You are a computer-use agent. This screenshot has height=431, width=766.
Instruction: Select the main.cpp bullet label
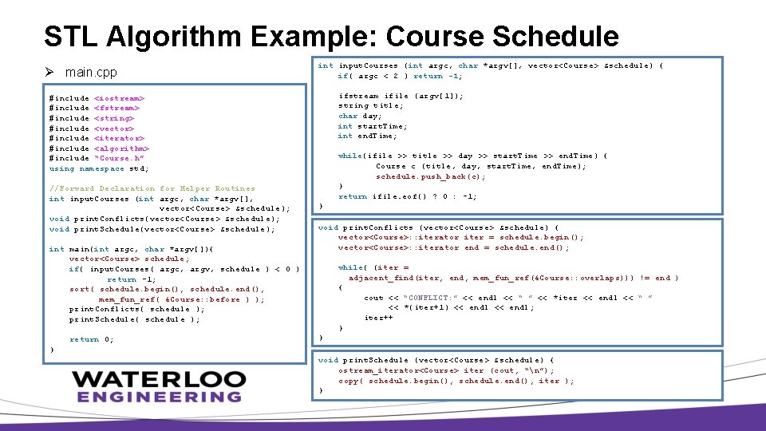pyautogui.click(x=91, y=73)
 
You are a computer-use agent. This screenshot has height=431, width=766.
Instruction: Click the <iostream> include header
pyautogui.click(x=119, y=97)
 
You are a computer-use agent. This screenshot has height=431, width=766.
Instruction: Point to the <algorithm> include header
pyautogui.click(x=121, y=148)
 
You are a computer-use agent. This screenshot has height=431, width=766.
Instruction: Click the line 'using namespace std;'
pyautogui.click(x=99, y=168)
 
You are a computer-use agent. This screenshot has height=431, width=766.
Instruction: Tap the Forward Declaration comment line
pyautogui.click(x=152, y=189)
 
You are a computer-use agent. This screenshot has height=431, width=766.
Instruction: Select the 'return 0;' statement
pyautogui.click(x=91, y=339)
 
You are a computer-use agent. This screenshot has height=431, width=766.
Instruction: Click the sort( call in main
pyautogui.click(x=80, y=289)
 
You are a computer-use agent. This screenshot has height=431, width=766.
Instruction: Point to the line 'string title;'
pyautogui.click(x=370, y=105)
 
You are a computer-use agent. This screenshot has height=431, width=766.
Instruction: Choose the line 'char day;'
pyautogui.click(x=356, y=116)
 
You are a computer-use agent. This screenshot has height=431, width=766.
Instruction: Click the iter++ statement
pyautogui.click(x=378, y=318)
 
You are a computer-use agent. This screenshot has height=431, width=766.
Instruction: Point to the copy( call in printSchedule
pyautogui.click(x=349, y=381)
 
